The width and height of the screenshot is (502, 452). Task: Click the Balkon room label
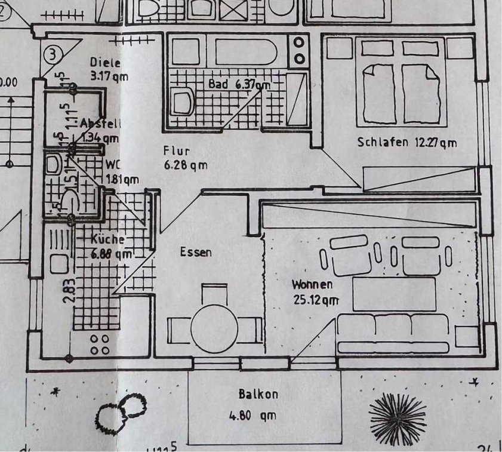click(x=258, y=394)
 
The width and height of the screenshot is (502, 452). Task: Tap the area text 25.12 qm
click(x=316, y=300)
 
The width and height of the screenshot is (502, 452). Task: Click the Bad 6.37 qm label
click(x=239, y=84)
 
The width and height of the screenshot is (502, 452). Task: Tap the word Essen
click(x=196, y=253)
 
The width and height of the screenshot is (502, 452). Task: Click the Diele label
click(x=105, y=62)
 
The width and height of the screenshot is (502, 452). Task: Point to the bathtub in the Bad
click(x=246, y=51)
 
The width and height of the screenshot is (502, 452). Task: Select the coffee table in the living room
click(x=394, y=294)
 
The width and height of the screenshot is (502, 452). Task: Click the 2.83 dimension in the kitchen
click(x=69, y=290)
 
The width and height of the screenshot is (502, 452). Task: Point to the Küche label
click(x=107, y=239)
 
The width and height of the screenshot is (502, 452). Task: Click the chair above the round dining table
click(x=214, y=294)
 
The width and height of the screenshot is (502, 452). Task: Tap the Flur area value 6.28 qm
click(x=186, y=165)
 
